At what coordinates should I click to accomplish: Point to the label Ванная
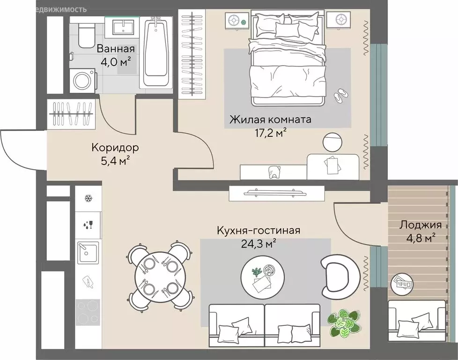[116, 49]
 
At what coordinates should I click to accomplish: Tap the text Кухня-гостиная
[258, 231]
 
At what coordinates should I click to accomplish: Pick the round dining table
[160, 277]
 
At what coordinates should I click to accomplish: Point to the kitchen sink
[87, 253]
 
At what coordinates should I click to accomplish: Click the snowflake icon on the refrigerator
[87, 198]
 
